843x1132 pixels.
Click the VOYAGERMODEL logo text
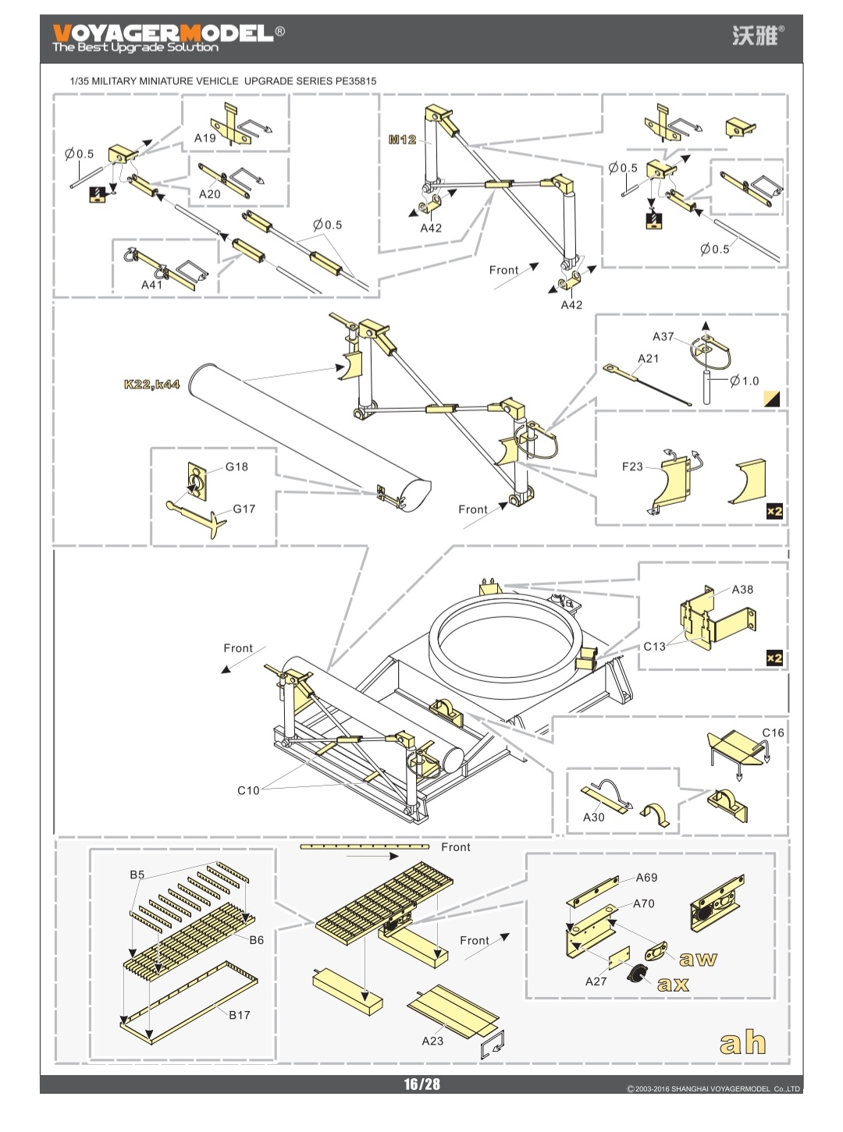[163, 34]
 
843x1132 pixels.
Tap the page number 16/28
[421, 1084]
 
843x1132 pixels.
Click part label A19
[205, 138]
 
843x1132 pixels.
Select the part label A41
[151, 285]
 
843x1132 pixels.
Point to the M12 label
[402, 140]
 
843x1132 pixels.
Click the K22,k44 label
[151, 385]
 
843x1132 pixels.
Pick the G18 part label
[237, 467]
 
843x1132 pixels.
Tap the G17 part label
[244, 509]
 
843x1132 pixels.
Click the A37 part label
[663, 336]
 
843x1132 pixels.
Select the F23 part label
[632, 467]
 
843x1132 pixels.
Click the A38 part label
[742, 590]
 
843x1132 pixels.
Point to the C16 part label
[773, 733]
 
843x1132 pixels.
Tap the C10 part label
[248, 790]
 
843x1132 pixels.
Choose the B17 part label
[239, 1015]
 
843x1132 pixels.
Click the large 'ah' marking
[742, 1042]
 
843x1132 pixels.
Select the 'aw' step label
[698, 959]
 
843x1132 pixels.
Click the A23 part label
[432, 1041]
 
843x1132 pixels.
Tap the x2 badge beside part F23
[774, 512]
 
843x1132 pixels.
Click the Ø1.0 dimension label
[745, 381]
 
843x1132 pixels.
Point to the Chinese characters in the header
[754, 35]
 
